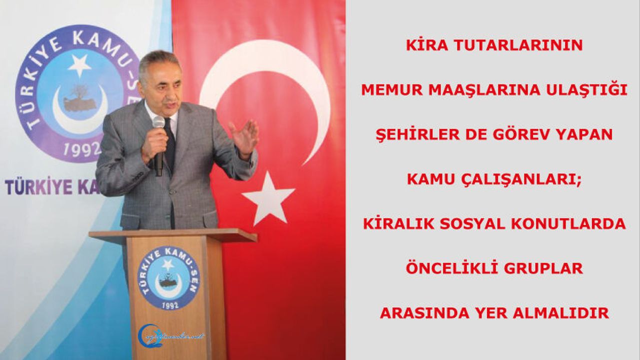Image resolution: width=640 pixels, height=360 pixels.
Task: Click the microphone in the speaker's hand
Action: tap(158, 145)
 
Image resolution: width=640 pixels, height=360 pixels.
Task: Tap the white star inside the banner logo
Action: tap(79, 65)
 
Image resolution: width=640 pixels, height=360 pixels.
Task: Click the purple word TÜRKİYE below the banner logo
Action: tap(38, 187)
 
